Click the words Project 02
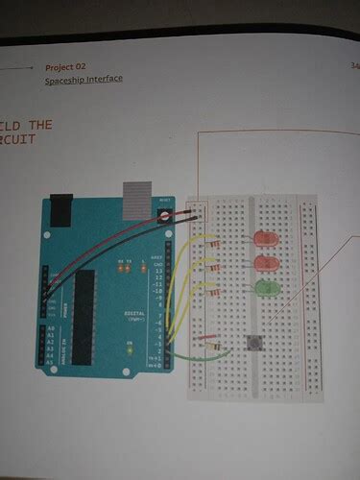point(66,67)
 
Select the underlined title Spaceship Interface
point(84,80)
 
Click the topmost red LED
point(265,239)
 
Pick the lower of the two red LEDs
point(265,262)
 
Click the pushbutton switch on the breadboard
point(255,343)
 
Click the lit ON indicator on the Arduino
point(126,350)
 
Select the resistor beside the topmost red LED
point(215,241)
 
